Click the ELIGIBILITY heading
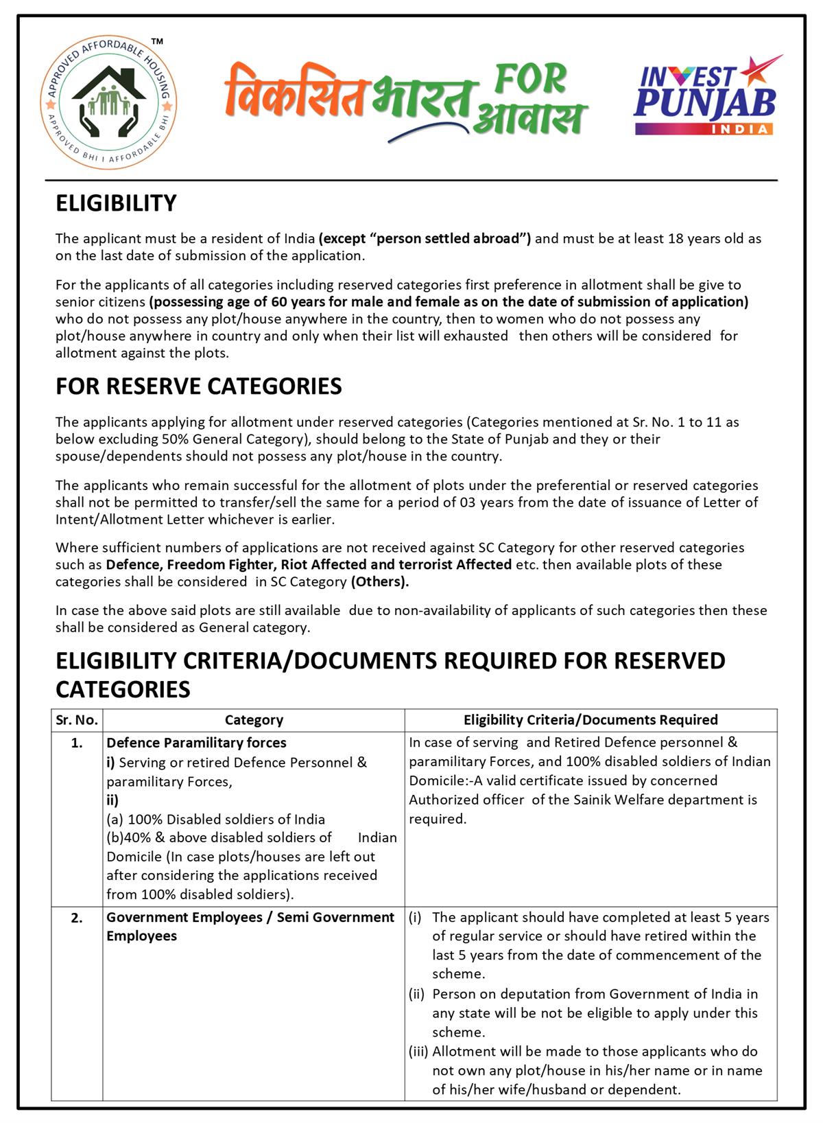pos(116,204)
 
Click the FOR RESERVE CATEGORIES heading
pos(198,386)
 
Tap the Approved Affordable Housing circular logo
pos(108,103)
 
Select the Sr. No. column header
pos(77,720)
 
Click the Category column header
pos(254,720)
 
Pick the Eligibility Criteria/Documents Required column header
pos(591,720)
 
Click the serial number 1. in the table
pos(77,743)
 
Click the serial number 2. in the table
pos(77,918)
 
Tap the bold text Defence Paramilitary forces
pos(196,743)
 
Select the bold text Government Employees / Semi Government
pos(250,918)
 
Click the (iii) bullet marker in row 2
pos(418,1052)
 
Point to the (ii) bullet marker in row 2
pos(417,994)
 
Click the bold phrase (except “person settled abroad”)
pos(425,239)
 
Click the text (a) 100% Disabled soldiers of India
pos(215,820)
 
